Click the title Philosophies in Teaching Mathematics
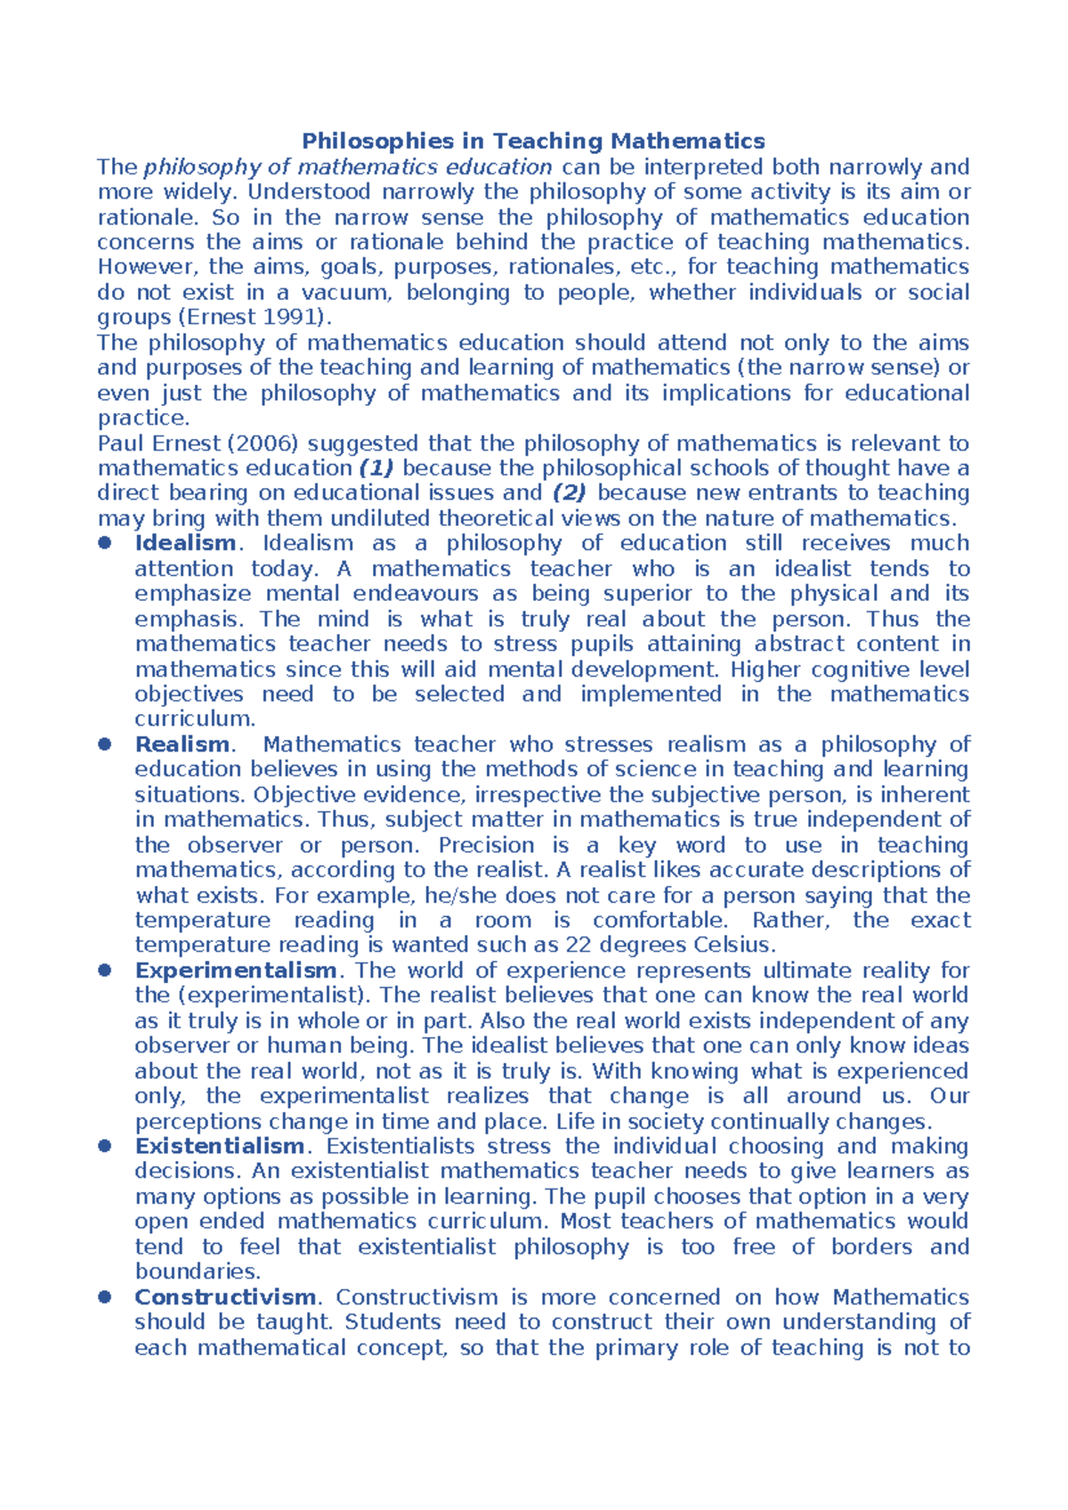(533, 141)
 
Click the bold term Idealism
(185, 543)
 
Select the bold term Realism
(182, 744)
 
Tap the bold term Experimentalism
(235, 970)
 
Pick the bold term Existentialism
(219, 1146)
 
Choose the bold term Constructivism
(225, 1297)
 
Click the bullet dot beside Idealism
(105, 543)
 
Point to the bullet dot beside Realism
(105, 744)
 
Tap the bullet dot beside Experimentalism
(105, 970)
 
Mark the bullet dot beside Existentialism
(105, 1146)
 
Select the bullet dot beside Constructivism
(105, 1297)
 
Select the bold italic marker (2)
(570, 493)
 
